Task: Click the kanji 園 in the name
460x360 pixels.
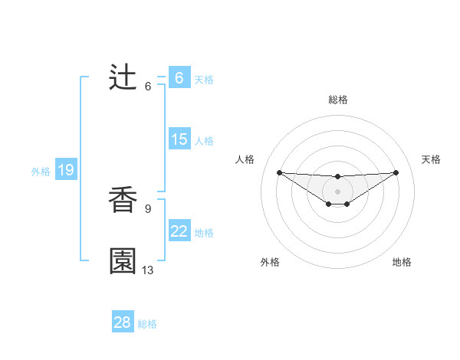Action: [123, 261]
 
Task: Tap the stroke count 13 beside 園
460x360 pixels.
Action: [148, 270]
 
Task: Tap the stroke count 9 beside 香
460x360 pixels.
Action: [148, 208]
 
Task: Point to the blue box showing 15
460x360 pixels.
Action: [179, 139]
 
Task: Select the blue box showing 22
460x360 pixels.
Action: [179, 231]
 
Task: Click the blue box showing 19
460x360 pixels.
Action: [66, 170]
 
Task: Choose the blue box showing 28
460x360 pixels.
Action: [123, 322]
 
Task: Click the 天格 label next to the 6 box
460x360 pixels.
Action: [204, 79]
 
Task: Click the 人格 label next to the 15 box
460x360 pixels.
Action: [204, 140]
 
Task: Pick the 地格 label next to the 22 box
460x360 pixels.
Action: [204, 232]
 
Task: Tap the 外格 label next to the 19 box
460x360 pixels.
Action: [41, 172]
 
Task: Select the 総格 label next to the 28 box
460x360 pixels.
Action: [147, 324]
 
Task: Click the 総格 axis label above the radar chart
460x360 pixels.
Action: [338, 100]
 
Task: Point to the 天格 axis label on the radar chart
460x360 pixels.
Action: [432, 159]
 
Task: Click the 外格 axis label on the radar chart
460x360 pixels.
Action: [270, 262]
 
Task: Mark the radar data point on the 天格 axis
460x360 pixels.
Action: [396, 172]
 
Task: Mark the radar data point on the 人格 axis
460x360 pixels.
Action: [279, 172]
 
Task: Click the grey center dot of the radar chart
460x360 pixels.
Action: [338, 191]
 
